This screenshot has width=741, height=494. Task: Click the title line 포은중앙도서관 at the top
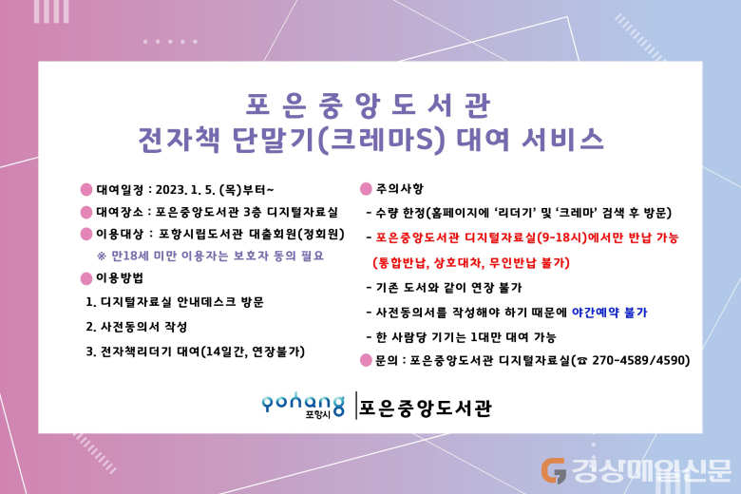pyautogui.click(x=369, y=104)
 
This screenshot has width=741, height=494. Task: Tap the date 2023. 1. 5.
pyautogui.click(x=185, y=190)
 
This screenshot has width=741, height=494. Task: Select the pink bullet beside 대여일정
pyautogui.click(x=86, y=190)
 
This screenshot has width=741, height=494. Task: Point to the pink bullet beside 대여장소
pyautogui.click(x=86, y=212)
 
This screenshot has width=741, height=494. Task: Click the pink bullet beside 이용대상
pyautogui.click(x=86, y=234)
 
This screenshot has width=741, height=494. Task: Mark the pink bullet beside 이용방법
pyautogui.click(x=86, y=278)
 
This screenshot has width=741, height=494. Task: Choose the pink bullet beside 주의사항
pyautogui.click(x=366, y=189)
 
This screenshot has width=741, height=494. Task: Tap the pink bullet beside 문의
pyautogui.click(x=366, y=360)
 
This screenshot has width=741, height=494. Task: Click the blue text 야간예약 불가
pyautogui.click(x=609, y=313)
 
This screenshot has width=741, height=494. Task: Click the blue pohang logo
pyautogui.click(x=303, y=405)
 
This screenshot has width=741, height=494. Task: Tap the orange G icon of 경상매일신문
pyautogui.click(x=554, y=471)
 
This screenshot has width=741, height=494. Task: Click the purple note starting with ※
pyautogui.click(x=210, y=256)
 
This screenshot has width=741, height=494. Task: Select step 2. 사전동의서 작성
pyautogui.click(x=137, y=327)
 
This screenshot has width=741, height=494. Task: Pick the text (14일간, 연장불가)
pyautogui.click(x=253, y=351)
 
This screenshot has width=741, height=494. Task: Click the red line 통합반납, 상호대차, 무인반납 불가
pyautogui.click(x=471, y=263)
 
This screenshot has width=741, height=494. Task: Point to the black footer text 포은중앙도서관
pyautogui.click(x=426, y=408)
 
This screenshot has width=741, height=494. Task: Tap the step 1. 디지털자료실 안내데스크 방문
pyautogui.click(x=175, y=302)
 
